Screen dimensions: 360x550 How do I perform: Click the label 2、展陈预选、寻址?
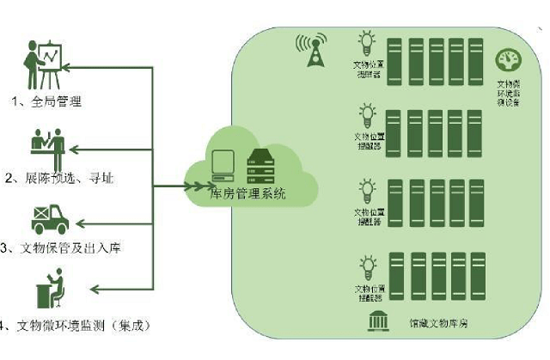pyautogui.click(x=59, y=179)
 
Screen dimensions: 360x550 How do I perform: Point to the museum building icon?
pyautogui.click(x=376, y=322)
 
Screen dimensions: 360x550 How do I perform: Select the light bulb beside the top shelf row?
pyautogui.click(x=367, y=41)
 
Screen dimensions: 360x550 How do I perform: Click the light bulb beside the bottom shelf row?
pyautogui.click(x=367, y=264)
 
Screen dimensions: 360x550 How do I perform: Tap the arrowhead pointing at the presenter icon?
pyautogui.click(x=70, y=65)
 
